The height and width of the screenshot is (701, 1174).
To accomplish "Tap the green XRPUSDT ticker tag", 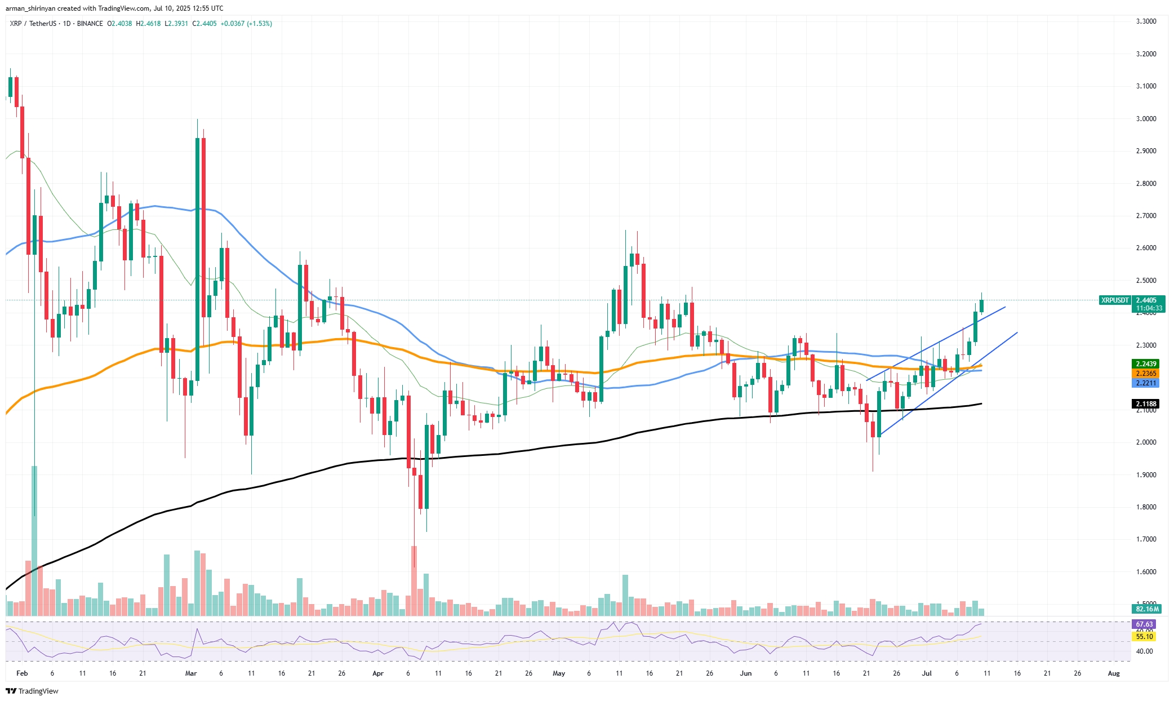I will pyautogui.click(x=1115, y=300).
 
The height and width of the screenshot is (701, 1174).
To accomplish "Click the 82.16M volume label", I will pyautogui.click(x=1147, y=609).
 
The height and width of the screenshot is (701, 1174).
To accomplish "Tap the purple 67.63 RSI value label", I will pyautogui.click(x=1144, y=624).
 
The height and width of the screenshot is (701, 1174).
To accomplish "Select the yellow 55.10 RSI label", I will pyautogui.click(x=1144, y=636).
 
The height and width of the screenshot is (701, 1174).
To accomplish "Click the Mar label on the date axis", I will pyautogui.click(x=191, y=673).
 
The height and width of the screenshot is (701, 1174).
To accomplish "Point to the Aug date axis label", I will pyautogui.click(x=1114, y=673).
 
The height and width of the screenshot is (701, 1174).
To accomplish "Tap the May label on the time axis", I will pyautogui.click(x=559, y=673).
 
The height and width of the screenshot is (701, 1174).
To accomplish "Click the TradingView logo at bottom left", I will pyautogui.click(x=33, y=691).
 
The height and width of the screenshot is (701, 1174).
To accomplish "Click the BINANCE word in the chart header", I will pyautogui.click(x=90, y=24).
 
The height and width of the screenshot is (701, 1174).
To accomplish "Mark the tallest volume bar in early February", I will pyautogui.click(x=34, y=541).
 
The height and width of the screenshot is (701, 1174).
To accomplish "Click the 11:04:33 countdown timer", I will pyautogui.click(x=1149, y=308).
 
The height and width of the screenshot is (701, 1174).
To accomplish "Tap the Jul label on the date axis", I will pyautogui.click(x=926, y=673).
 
